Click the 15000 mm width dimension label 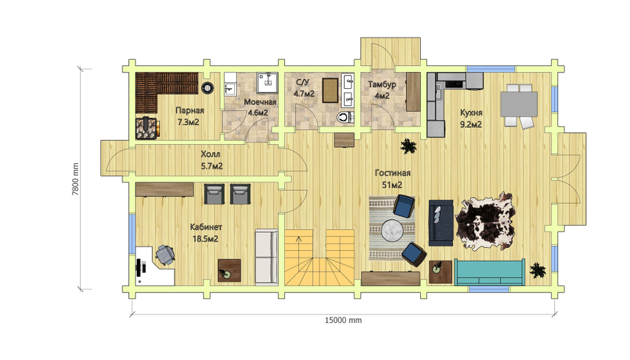coord(343,320)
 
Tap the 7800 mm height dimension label coord(75,179)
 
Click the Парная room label coord(190,110)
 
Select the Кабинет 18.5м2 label coord(206,233)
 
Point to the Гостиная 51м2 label coord(392,178)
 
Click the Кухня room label coord(471,113)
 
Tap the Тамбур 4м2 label coord(382,90)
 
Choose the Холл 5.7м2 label coord(212,160)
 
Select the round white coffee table coord(392,231)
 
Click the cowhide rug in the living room coord(485,222)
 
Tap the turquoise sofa coord(490,272)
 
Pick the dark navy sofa coord(441,223)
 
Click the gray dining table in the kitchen coord(518,104)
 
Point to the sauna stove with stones coord(147,128)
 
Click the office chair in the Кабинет coord(165,255)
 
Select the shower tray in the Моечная coord(267,83)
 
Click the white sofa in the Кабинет coord(266,257)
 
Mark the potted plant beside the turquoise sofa coord(537,270)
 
